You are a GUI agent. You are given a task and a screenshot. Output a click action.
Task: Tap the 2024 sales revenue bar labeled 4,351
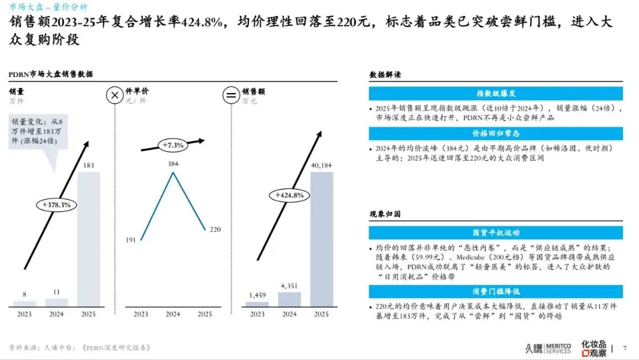point(289,298)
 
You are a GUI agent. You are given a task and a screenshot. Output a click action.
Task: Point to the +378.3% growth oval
point(57,204)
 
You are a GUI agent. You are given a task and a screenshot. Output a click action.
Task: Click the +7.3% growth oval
point(172,144)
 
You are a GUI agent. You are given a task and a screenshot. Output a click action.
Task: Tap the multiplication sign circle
point(114,95)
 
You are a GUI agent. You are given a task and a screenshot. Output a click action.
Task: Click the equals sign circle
point(229,95)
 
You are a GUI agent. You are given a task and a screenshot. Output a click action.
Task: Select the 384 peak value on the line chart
point(173,163)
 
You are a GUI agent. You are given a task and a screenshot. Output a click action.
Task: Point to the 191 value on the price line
point(131,240)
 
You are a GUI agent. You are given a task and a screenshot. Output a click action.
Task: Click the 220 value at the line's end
point(215,229)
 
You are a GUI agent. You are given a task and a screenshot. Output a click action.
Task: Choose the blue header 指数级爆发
point(496,94)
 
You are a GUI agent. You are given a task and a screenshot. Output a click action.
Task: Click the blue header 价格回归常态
point(496,134)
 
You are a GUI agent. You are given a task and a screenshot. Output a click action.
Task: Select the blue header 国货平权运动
point(496,233)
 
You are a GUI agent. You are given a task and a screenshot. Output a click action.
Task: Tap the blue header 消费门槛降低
point(496,291)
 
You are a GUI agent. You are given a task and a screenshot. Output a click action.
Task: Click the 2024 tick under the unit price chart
point(173,314)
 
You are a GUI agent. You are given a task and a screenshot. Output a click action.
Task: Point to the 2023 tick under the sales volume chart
point(24,314)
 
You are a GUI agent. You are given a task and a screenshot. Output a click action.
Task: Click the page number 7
point(625,348)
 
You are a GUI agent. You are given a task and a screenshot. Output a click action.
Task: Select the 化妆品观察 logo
point(593,348)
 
